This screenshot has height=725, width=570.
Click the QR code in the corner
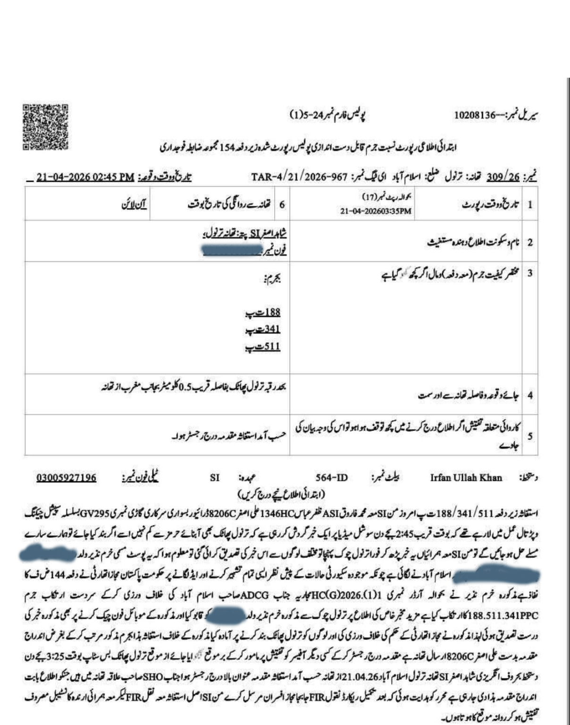click(45, 127)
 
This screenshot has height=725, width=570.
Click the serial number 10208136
click(475, 115)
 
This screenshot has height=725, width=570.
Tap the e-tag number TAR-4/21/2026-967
click(299, 177)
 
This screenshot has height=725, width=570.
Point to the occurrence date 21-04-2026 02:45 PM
click(85, 177)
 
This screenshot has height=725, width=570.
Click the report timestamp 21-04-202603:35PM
click(376, 211)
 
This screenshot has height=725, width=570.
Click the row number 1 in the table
click(530, 204)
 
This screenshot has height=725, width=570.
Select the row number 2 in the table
click(530, 242)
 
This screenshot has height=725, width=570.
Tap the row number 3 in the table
click(530, 273)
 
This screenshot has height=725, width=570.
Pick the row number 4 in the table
click(530, 395)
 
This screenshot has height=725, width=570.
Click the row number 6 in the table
click(282, 204)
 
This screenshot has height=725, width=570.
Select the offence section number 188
click(272, 312)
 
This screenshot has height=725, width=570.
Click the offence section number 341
click(272, 329)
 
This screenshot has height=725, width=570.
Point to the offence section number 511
click(272, 346)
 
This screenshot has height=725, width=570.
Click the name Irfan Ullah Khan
click(466, 478)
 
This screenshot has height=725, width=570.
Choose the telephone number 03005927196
click(67, 478)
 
